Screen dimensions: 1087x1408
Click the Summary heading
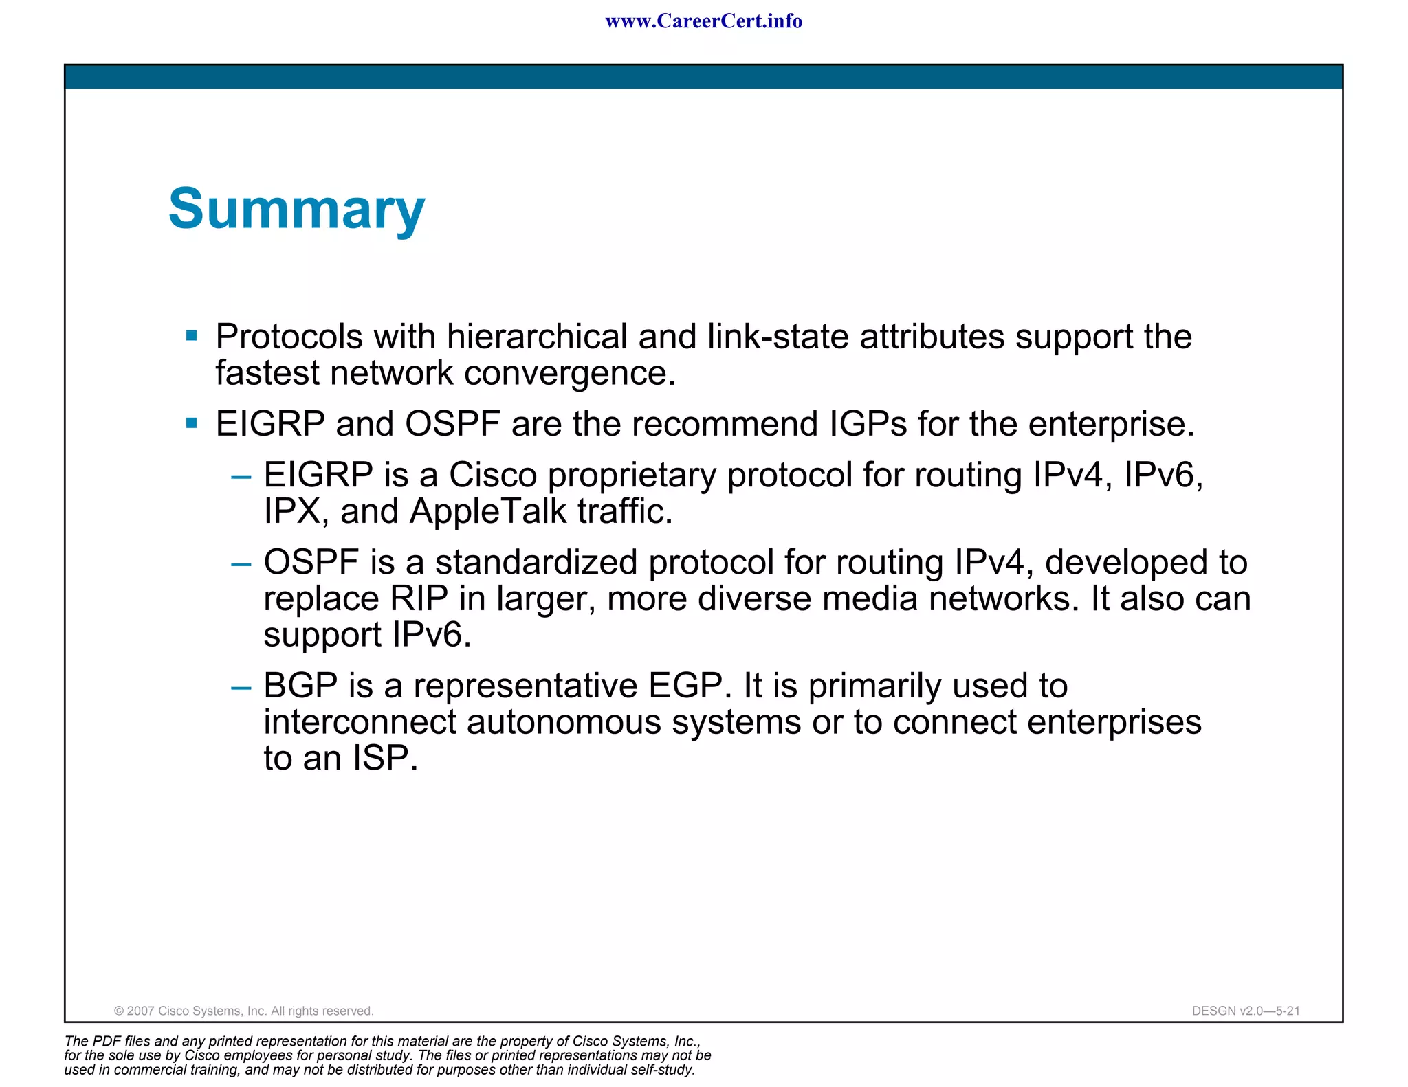click(296, 210)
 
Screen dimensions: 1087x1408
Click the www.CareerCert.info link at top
click(703, 21)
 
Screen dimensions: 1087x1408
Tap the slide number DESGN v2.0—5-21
click(1245, 1011)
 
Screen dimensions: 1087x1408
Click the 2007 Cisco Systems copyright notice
click(243, 1011)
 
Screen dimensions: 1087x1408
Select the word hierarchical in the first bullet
click(537, 337)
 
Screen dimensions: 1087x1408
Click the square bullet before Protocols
click(192, 336)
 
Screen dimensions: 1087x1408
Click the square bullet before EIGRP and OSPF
click(192, 423)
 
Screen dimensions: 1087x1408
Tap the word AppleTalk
click(487, 512)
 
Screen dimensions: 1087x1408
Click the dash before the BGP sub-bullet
click(241, 687)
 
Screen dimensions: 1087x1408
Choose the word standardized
click(536, 563)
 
